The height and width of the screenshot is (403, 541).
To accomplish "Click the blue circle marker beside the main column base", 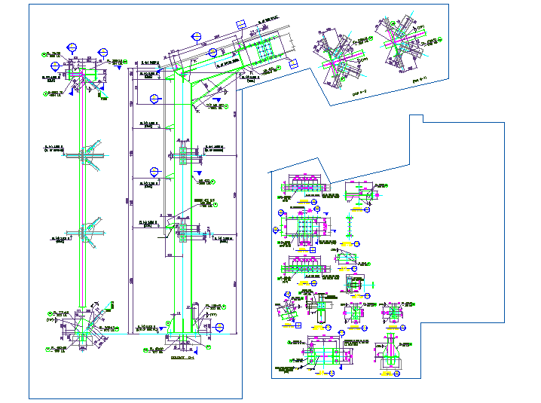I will (x=220, y=327).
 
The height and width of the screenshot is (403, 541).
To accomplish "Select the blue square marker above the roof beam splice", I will (x=240, y=25).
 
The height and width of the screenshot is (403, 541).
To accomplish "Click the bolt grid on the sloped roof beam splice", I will (x=264, y=50).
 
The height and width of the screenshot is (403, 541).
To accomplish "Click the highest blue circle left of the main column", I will (x=156, y=98).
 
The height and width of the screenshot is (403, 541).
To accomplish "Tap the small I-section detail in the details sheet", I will (x=350, y=225).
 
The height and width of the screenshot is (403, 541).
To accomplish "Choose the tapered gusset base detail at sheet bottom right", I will (x=393, y=353).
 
